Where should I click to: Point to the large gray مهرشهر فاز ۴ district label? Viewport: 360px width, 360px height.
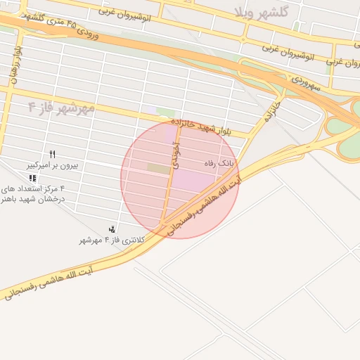(61, 108)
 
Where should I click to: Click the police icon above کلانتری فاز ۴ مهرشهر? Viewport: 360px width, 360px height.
(112, 229)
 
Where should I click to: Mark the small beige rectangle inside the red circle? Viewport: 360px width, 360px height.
(159, 169)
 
